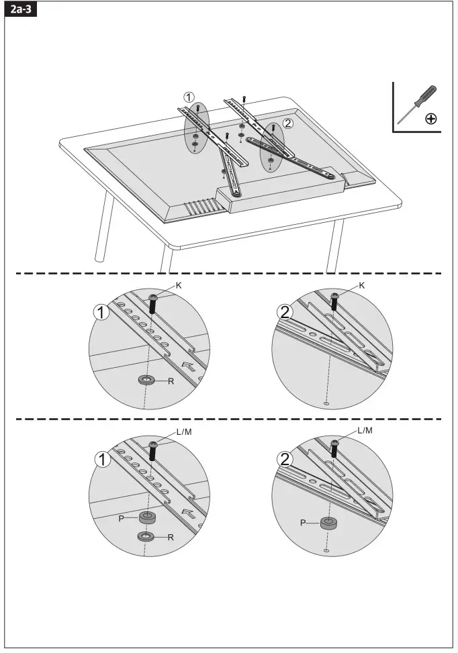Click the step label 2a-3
(19, 11)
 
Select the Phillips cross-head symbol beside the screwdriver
(430, 119)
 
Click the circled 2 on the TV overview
(287, 123)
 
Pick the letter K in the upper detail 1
(178, 285)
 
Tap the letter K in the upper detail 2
(362, 285)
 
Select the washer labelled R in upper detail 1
(146, 381)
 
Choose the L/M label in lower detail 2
(365, 430)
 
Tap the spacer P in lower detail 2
(328, 523)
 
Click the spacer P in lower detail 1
(146, 517)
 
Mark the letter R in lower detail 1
(171, 537)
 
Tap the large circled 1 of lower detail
(102, 460)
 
